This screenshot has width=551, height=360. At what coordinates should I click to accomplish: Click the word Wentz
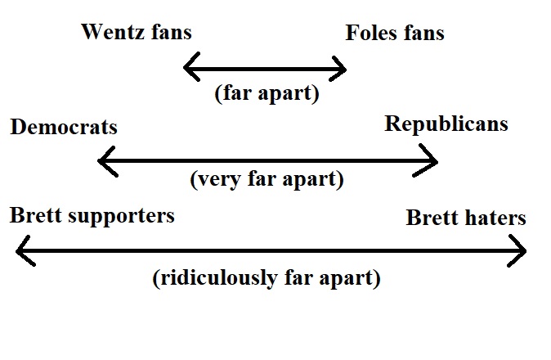click(x=110, y=33)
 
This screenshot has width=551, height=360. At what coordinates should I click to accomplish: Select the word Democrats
click(x=64, y=128)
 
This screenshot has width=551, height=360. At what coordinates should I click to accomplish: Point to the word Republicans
click(x=446, y=124)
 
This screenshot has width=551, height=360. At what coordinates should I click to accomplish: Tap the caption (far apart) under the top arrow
click(x=267, y=93)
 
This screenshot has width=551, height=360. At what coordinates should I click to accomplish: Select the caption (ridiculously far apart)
click(x=267, y=278)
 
